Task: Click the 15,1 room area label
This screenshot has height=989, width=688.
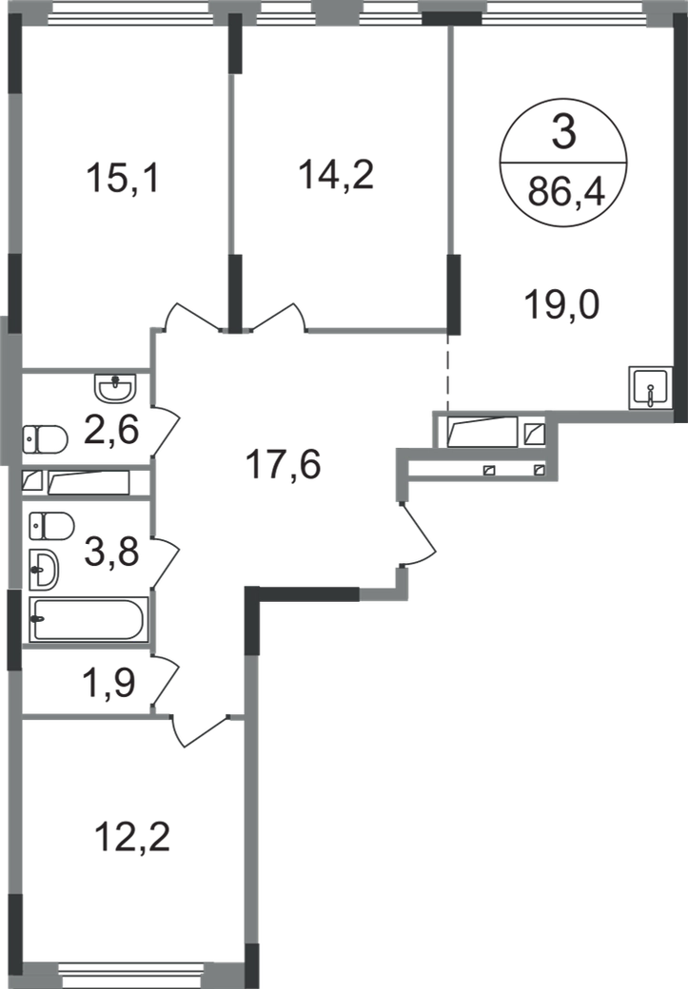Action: pos(124,178)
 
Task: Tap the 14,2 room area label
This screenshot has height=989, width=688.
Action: pos(337,174)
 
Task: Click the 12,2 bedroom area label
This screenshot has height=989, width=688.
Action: pos(132,837)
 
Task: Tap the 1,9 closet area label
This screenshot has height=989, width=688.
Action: pos(109,682)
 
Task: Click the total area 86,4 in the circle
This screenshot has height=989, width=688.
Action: pos(566,191)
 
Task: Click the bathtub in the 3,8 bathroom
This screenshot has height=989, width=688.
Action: pos(89,619)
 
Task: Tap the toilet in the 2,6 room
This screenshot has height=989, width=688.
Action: pos(45,439)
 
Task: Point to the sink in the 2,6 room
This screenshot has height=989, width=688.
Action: pos(115,387)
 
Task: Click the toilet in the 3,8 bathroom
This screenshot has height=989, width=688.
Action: pos(51,525)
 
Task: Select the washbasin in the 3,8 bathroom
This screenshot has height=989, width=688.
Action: pos(44,571)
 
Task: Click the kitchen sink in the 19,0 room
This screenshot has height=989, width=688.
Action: pos(649,388)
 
